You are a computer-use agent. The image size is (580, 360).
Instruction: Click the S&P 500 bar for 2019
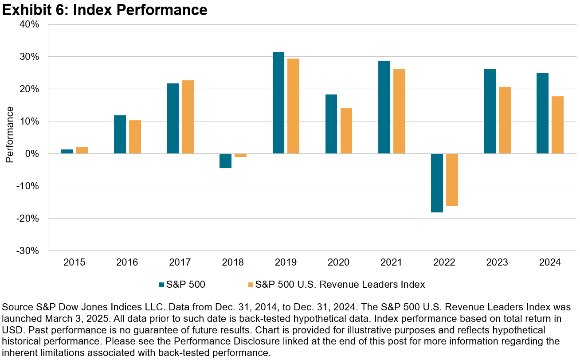[278, 103]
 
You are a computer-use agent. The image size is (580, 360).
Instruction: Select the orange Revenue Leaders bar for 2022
[452, 180]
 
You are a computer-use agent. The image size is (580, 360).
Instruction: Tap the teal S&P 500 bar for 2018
[225, 161]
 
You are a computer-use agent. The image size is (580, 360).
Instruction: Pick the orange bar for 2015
[82, 150]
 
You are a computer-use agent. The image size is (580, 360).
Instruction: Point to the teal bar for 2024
[542, 113]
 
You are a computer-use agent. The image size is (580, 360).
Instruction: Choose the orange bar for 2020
[346, 131]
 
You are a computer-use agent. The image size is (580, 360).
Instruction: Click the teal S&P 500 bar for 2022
[437, 183]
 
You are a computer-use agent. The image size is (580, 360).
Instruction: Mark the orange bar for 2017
[188, 117]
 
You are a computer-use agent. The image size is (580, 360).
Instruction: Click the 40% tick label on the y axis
[30, 24]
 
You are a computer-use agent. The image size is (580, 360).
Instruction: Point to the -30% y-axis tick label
[28, 251]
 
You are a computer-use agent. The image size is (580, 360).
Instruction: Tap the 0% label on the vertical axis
[32, 154]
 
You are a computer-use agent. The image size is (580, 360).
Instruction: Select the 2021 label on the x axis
[392, 262]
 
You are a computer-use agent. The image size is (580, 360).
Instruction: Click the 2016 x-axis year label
[127, 262]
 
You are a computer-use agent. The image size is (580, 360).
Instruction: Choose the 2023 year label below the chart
[497, 262]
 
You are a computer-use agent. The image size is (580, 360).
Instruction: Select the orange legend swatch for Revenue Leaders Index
[251, 285]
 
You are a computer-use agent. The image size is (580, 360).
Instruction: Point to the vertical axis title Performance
[10, 134]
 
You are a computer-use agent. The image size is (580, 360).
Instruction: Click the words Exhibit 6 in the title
[34, 10]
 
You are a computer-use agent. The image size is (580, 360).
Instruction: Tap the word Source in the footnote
[15, 307]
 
